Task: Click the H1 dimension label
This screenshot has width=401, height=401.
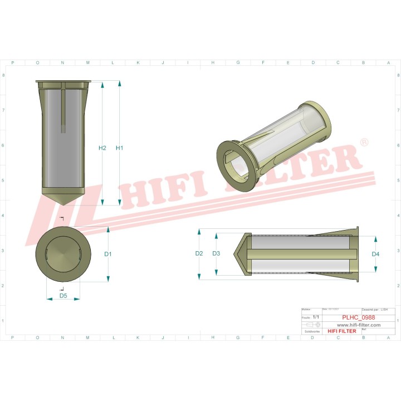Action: pos(119,148)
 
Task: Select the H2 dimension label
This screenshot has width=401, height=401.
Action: pos(102,148)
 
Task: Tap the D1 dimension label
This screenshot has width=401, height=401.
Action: pos(108,254)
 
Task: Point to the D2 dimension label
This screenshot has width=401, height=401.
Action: pos(199,253)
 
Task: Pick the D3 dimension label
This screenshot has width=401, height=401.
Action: pos(217,253)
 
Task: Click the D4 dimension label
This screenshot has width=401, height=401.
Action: pos(375,254)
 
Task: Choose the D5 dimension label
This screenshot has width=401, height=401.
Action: pos(63,296)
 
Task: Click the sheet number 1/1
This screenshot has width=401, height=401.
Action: pos(316,317)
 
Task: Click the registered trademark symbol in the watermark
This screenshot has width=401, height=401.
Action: pos(364,143)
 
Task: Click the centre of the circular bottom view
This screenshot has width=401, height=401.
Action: pos(63,254)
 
